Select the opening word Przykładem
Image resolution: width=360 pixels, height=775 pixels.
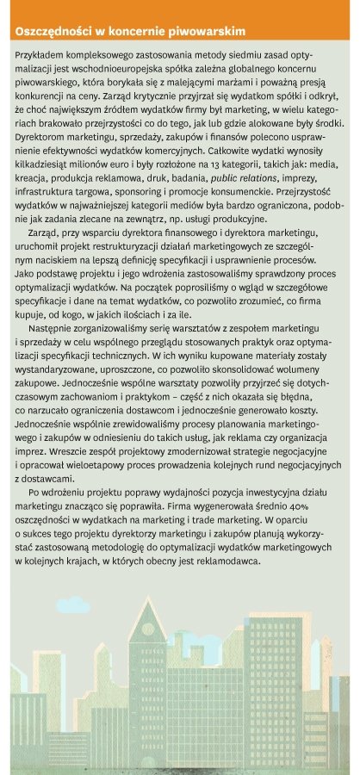[x=40, y=53]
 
